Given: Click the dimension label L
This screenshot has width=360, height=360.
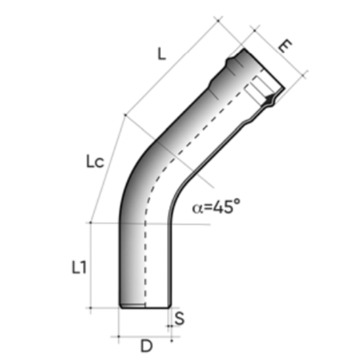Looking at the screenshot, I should click(x=161, y=54).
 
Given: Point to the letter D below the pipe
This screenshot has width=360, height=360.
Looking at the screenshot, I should click(x=145, y=345).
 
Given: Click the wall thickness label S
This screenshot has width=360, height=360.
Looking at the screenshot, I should click(x=180, y=317).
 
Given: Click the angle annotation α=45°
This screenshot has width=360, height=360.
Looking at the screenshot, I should click(x=216, y=207).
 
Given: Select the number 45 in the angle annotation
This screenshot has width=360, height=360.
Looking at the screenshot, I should click(x=224, y=207).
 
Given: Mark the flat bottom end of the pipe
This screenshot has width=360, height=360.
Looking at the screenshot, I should click(x=145, y=306).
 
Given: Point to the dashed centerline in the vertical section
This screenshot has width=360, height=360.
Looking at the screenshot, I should click(x=145, y=259).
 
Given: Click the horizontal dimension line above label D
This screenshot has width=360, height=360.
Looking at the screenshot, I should click(x=145, y=335).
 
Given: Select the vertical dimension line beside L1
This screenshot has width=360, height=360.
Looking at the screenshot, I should click(x=113, y=265).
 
